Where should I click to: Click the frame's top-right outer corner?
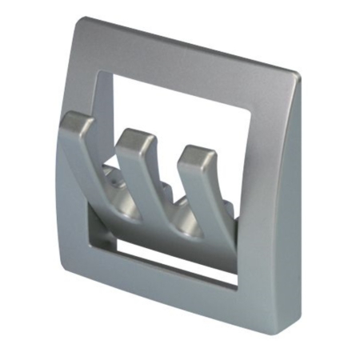298,74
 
